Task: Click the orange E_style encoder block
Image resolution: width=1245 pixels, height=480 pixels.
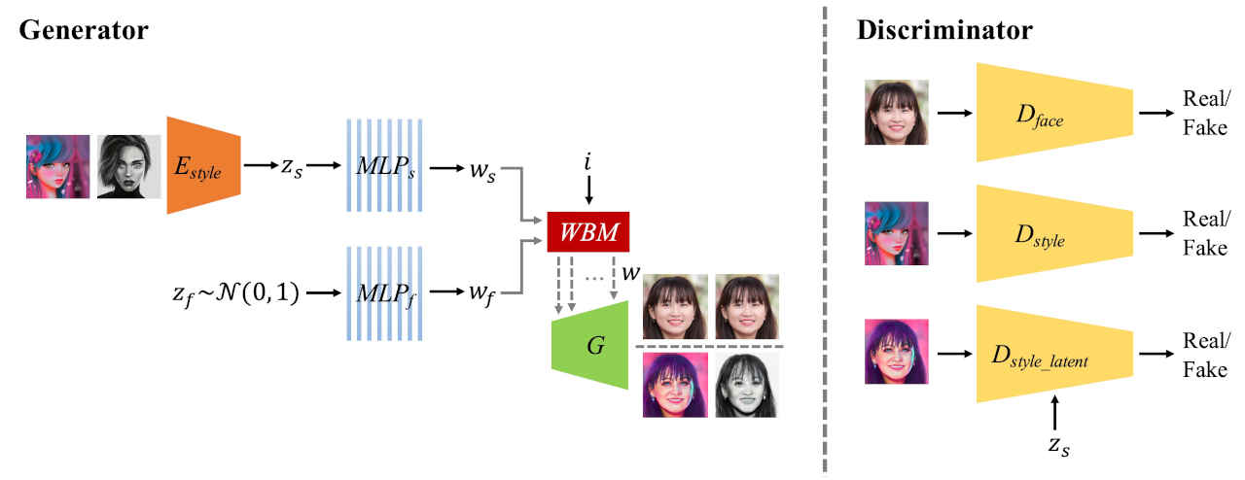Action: (x=202, y=165)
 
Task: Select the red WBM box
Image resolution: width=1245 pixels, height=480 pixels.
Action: (x=588, y=231)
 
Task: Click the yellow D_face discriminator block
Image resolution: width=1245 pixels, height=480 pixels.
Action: (x=1053, y=113)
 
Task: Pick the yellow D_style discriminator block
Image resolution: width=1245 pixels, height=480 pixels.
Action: (x=1053, y=234)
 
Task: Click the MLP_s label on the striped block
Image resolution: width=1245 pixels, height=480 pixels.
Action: (x=384, y=165)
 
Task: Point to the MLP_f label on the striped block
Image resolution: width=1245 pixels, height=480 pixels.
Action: (x=384, y=289)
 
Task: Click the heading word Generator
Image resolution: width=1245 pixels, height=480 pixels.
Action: (x=83, y=30)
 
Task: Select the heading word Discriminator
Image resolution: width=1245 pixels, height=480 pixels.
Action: (x=943, y=30)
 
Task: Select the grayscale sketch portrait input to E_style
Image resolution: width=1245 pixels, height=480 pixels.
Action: (x=129, y=166)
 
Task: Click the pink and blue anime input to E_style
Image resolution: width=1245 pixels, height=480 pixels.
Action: (x=57, y=166)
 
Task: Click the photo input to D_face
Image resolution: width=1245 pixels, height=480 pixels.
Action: (x=896, y=113)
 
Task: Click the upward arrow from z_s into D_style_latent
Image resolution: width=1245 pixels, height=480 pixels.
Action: (x=1054, y=411)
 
